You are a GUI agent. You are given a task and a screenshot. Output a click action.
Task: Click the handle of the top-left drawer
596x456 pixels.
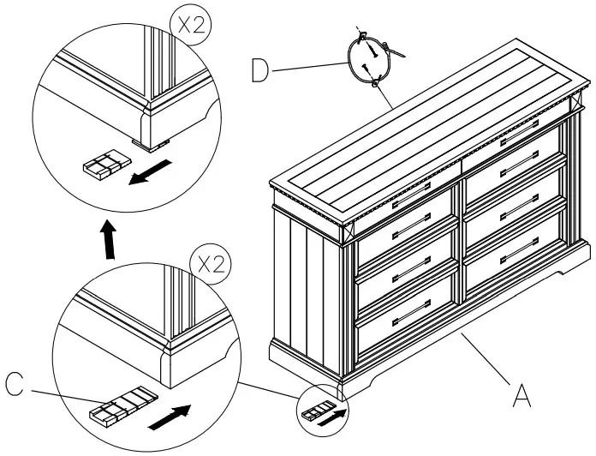click(411, 203)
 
